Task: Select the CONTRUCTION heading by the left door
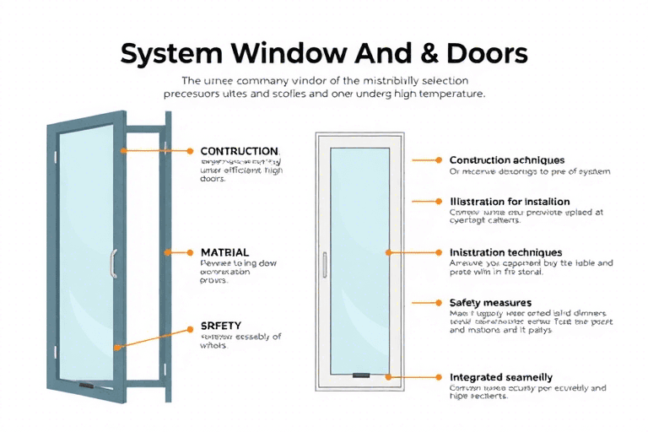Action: tap(239, 151)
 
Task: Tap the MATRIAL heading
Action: tap(224, 252)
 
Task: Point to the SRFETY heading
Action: tap(222, 325)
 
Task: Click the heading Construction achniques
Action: tap(507, 159)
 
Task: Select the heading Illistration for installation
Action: tap(510, 202)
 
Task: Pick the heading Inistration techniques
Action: tap(506, 252)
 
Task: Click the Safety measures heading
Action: tap(490, 302)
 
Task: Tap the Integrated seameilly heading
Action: tap(501, 377)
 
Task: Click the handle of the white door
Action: tap(323, 264)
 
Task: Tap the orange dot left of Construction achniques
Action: tap(439, 159)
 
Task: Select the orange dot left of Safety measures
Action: tap(439, 302)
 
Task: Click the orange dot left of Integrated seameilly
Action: tap(439, 377)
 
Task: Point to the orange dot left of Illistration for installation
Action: tap(439, 202)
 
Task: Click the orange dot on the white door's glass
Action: tap(388, 252)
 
